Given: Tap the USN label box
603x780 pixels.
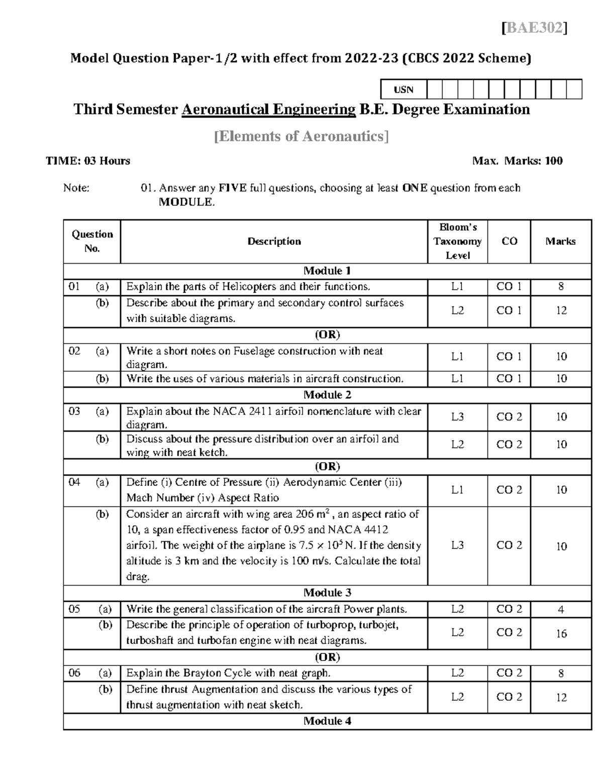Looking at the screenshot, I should (x=404, y=89).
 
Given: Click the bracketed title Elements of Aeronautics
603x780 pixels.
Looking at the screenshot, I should (x=301, y=136).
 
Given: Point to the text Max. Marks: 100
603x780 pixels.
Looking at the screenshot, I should (x=517, y=161).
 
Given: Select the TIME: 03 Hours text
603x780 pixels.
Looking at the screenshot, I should (x=88, y=161).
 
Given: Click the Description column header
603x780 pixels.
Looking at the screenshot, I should (x=274, y=242).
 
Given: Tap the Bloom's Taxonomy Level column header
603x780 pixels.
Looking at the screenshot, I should (x=457, y=242).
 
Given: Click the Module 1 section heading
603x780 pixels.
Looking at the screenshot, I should (x=327, y=271).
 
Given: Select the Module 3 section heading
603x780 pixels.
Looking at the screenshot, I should (x=327, y=593).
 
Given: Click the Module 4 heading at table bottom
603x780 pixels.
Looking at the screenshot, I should (x=327, y=721).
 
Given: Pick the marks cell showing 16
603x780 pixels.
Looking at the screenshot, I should (x=561, y=633).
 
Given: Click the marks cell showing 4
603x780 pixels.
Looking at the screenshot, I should (x=561, y=610).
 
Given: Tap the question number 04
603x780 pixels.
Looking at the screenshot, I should (x=74, y=483).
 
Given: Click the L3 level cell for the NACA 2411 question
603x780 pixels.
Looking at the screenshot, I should (x=457, y=417).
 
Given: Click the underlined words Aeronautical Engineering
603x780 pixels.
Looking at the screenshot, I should (x=268, y=109).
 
